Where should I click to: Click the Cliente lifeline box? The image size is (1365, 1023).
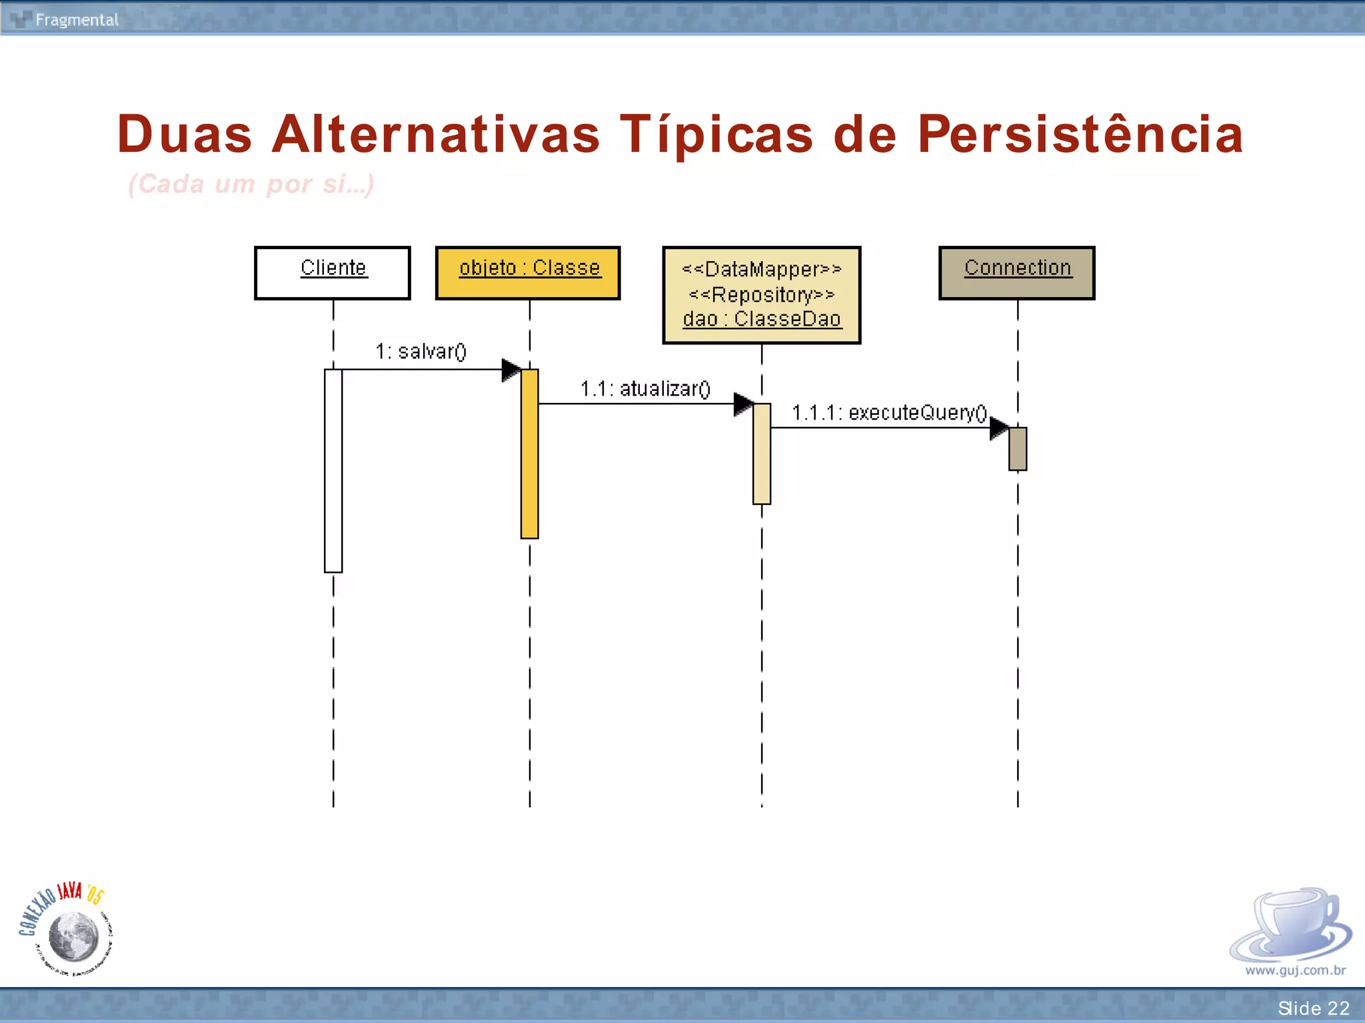[x=333, y=273]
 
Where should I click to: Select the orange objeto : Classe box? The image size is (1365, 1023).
[x=528, y=273]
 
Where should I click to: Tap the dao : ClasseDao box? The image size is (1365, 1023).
[x=762, y=295]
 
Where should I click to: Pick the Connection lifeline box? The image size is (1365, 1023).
[x=1017, y=273]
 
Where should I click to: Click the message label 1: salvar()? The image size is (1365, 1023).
[x=421, y=351]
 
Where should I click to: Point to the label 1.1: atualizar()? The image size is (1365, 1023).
[x=645, y=388]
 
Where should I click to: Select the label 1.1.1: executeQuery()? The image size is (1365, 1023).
[x=889, y=413]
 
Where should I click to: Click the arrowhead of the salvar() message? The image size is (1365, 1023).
[x=511, y=370]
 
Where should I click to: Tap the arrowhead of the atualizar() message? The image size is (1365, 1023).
[x=743, y=404]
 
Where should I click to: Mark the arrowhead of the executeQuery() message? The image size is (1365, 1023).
[x=999, y=428]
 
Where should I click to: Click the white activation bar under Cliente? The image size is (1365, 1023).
[x=333, y=470]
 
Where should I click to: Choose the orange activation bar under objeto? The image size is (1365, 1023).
[x=530, y=454]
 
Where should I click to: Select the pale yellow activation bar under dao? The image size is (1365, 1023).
[x=762, y=454]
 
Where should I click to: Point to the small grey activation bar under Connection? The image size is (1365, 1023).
[x=1018, y=449]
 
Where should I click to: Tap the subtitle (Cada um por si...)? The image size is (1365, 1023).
[x=251, y=184]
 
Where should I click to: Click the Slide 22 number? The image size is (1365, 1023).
[x=1313, y=1008]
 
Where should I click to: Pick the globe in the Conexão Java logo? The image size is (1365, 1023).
[x=74, y=936]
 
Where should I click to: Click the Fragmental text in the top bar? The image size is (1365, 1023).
[x=77, y=20]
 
